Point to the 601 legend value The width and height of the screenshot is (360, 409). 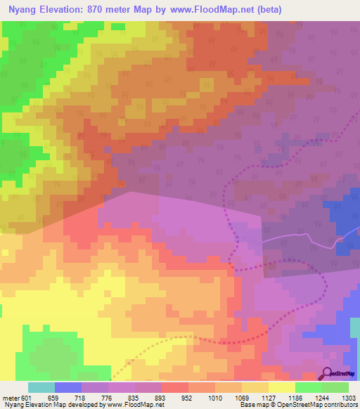click(x=27, y=398)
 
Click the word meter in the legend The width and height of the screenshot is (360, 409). click(x=10, y=398)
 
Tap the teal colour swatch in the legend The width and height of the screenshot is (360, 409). click(x=41, y=387)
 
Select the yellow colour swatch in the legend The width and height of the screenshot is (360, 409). click(x=281, y=387)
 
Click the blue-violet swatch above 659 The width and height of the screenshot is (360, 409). click(x=67, y=387)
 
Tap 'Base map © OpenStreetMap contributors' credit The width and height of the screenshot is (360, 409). click(x=298, y=405)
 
